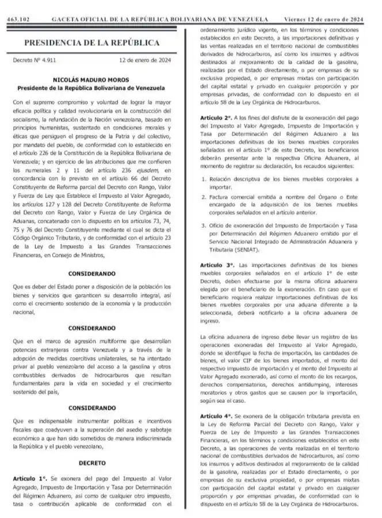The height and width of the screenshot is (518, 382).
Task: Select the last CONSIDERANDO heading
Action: click(x=91, y=406)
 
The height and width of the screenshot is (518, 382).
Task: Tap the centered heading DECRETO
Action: click(x=91, y=461)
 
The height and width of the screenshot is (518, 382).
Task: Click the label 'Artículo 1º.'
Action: click(x=30, y=478)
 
